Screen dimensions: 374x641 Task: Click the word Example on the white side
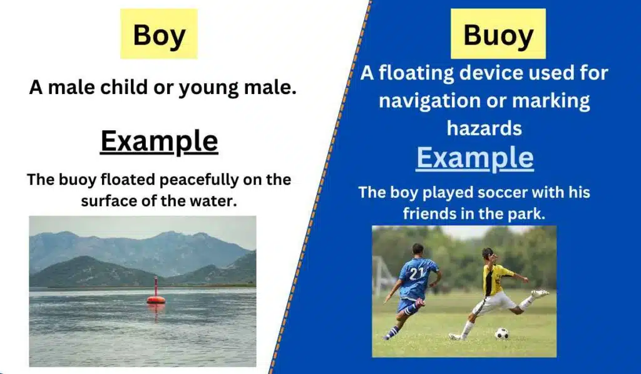(x=159, y=141)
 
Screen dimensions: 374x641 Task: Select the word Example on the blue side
(x=474, y=157)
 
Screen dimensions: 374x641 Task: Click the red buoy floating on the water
(x=156, y=294)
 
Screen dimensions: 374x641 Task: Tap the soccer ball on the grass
(x=501, y=333)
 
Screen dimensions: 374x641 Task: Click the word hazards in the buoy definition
(x=484, y=128)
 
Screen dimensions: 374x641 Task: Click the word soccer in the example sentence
(x=478, y=192)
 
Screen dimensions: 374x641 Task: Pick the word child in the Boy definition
(x=133, y=88)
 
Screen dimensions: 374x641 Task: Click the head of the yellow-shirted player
(x=487, y=253)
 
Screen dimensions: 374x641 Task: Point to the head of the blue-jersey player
(x=418, y=250)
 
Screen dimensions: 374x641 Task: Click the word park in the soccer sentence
(x=528, y=214)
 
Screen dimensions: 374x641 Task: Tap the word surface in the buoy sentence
(x=112, y=201)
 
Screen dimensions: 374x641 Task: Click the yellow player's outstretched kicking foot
(x=540, y=293)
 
